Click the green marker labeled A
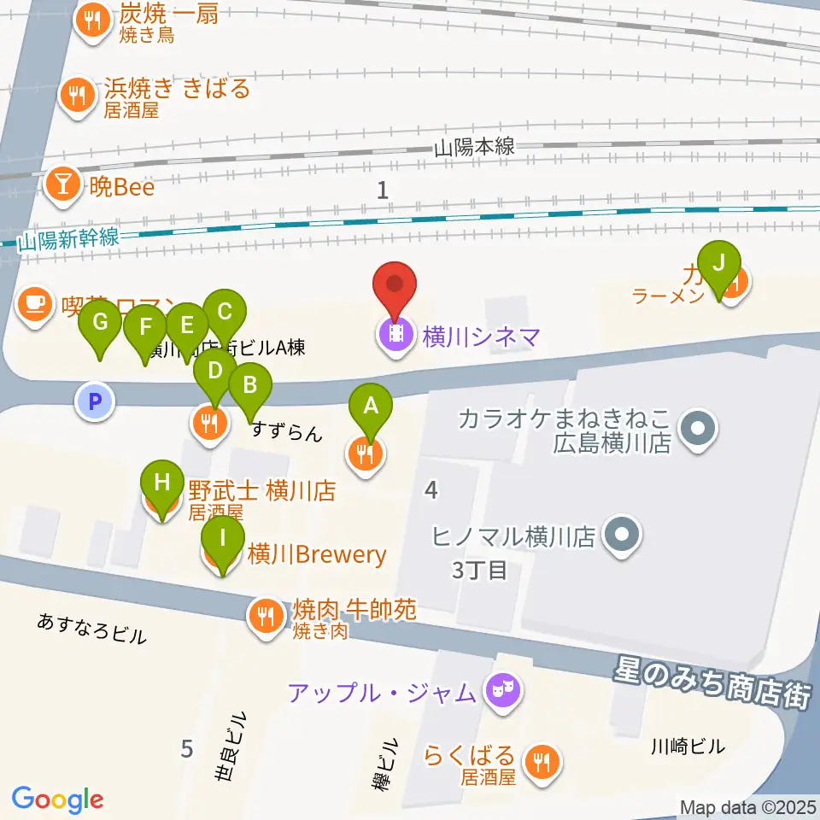tap(371, 405)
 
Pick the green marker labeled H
tap(161, 484)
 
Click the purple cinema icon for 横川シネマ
tap(395, 337)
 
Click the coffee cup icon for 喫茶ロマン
tap(34, 304)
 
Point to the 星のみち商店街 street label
tap(711, 680)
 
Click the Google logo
tap(57, 800)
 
